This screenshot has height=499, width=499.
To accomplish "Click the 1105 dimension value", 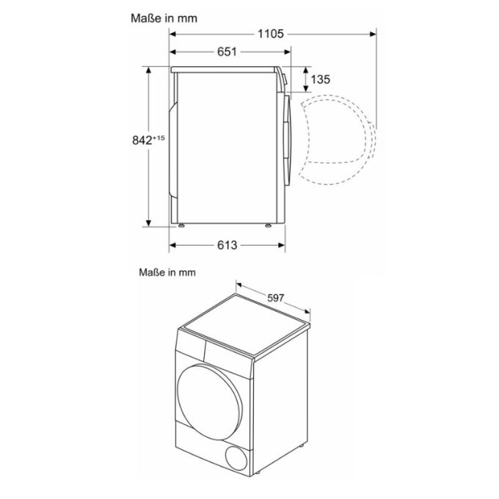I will pyautogui.click(x=271, y=34).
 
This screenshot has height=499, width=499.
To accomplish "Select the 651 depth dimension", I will pyautogui.click(x=227, y=52).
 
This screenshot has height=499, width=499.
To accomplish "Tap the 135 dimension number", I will pyautogui.click(x=319, y=79).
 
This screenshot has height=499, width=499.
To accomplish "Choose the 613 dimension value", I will pyautogui.click(x=227, y=245).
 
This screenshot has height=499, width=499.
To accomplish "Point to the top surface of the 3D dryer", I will pyautogui.click(x=246, y=323).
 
